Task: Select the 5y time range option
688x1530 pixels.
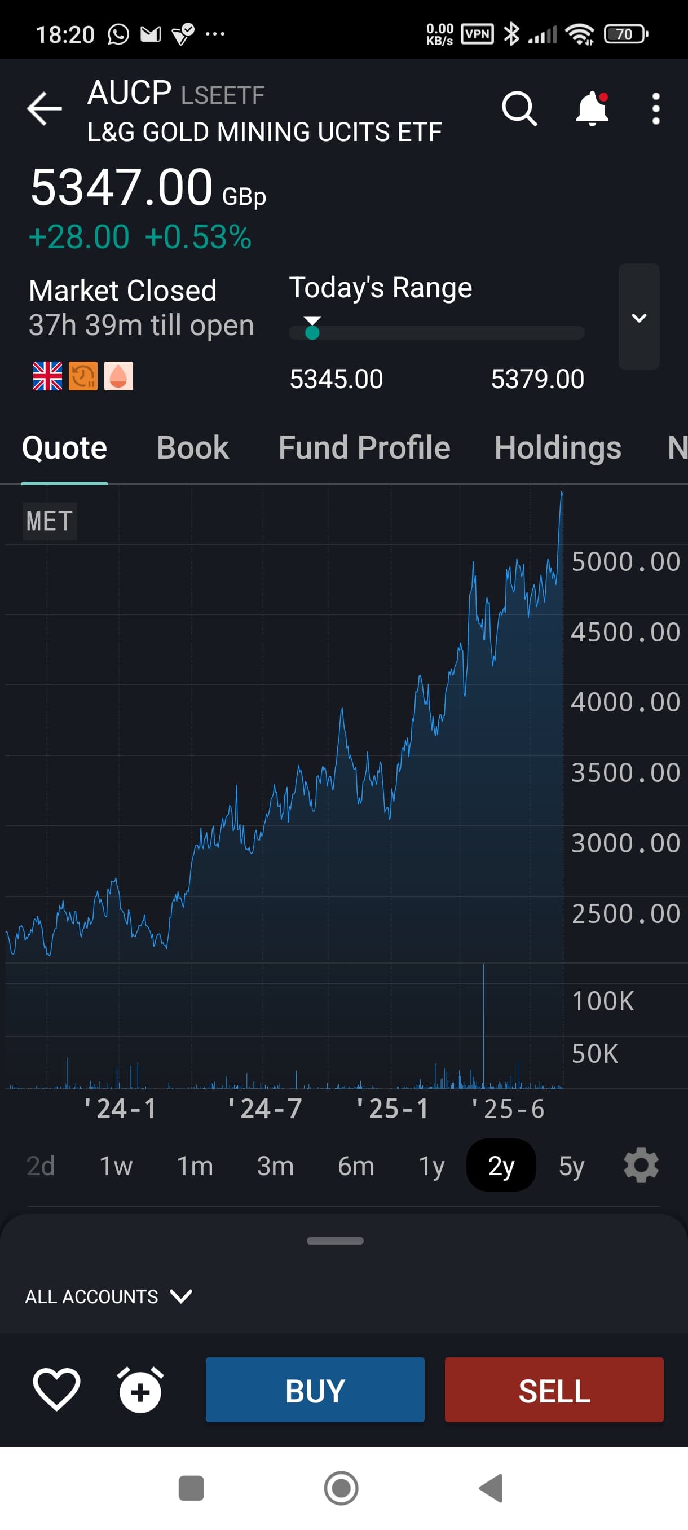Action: click(571, 1166)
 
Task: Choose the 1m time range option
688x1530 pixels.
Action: click(195, 1166)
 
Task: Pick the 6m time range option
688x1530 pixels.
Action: click(356, 1166)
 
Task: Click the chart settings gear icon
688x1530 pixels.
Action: click(641, 1166)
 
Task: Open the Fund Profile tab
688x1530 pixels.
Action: click(364, 447)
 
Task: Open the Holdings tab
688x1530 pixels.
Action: click(557, 447)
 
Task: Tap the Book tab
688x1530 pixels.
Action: click(192, 447)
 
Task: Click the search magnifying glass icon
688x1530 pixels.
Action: click(519, 109)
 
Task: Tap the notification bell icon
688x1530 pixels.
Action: click(592, 109)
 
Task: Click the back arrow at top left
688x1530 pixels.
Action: click(45, 109)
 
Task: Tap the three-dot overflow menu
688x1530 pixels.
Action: click(655, 109)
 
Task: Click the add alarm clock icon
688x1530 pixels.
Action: click(140, 1390)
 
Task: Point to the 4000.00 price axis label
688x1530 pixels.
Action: click(625, 702)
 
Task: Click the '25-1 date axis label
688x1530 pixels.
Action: click(392, 1109)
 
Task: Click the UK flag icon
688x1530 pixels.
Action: click(47, 376)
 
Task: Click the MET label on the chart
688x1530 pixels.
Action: click(49, 521)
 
